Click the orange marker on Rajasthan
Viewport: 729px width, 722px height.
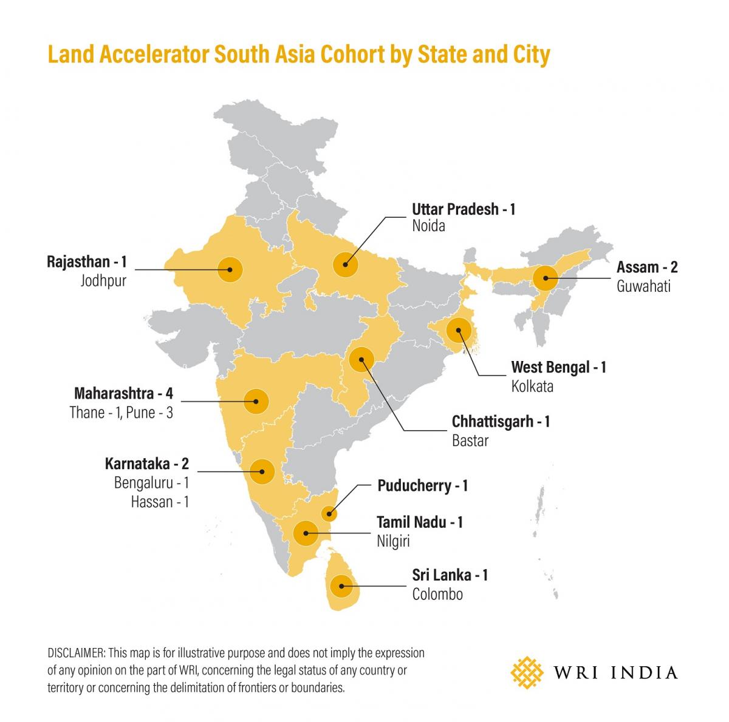click(230, 268)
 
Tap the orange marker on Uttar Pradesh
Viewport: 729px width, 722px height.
click(345, 265)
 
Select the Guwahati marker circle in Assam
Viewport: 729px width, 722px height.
click(546, 279)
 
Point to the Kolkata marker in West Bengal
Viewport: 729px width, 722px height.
click(459, 331)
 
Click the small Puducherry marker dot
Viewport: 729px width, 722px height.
click(329, 515)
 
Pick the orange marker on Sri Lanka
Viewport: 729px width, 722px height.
click(342, 586)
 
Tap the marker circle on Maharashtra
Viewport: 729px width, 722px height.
click(256, 400)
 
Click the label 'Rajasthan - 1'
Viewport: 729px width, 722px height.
click(86, 262)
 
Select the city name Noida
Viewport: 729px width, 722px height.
click(428, 226)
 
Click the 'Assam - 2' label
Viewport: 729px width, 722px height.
click(647, 267)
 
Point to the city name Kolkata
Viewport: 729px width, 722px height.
click(532, 386)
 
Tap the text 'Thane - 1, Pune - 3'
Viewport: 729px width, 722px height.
click(121, 413)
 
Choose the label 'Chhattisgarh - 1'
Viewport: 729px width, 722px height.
click(501, 421)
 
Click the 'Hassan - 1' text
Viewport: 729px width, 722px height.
click(160, 502)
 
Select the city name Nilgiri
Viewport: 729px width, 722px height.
click(393, 541)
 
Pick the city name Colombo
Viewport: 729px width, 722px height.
click(437, 594)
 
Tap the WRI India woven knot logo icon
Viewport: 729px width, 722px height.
click(527, 672)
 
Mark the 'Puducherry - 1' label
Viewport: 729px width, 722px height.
click(422, 486)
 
